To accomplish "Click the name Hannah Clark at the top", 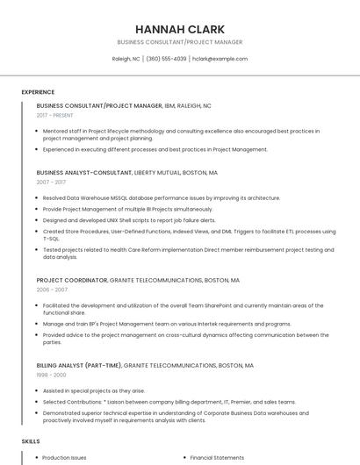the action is click(x=179, y=29).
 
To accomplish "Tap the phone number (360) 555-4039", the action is click(x=167, y=59).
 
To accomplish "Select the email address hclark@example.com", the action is click(x=220, y=59).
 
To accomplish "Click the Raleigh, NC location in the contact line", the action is click(x=126, y=59).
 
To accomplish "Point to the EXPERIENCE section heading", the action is click(x=38, y=92).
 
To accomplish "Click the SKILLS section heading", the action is click(x=31, y=441).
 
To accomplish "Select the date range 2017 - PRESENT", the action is click(x=55, y=115).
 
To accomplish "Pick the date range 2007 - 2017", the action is click(x=51, y=182).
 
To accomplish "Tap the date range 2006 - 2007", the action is click(x=52, y=290).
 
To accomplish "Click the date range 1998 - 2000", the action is click(x=51, y=375).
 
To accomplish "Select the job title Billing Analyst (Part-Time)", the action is click(x=78, y=365).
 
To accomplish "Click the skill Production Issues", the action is click(x=64, y=457).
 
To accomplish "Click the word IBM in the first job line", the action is click(x=170, y=105).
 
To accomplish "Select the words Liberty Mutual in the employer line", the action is click(x=157, y=173).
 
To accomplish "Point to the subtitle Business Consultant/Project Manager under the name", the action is click(x=179, y=42).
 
